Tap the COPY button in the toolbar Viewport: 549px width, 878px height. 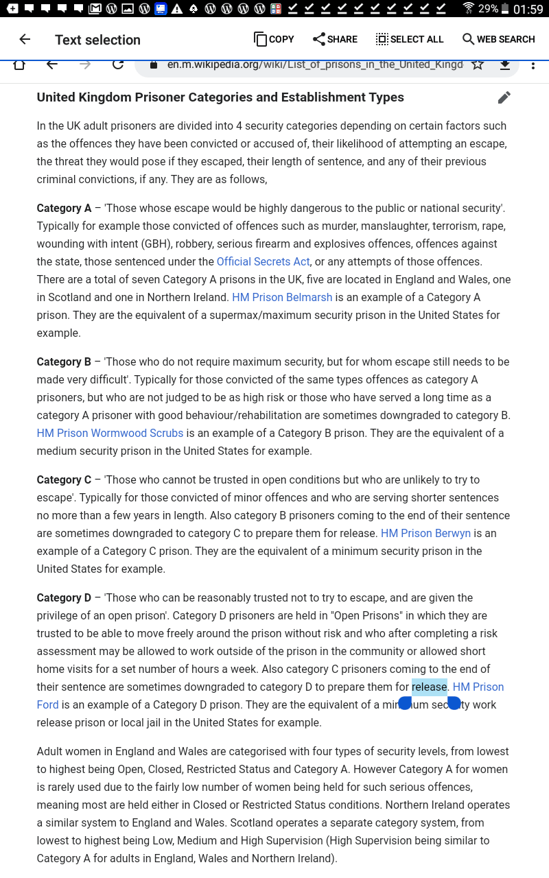coord(274,39)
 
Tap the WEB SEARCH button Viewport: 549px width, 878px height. coord(498,39)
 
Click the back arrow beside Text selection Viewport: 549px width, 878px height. coord(25,39)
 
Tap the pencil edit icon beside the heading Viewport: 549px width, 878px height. coord(504,97)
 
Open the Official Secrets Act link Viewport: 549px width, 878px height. coord(263,261)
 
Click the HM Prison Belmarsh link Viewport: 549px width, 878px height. coord(282,297)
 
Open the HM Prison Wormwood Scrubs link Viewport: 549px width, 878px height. coord(110,433)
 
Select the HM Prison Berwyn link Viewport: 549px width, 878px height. coord(425,533)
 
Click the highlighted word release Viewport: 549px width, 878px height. coord(429,687)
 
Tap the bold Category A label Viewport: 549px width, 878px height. coord(64,208)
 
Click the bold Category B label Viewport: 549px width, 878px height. coord(64,361)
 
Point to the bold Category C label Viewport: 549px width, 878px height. coord(64,479)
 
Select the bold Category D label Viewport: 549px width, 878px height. coord(64,597)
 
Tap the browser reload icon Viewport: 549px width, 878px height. coord(118,64)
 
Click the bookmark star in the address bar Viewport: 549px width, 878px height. coord(478,64)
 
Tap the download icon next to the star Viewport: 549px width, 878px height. coord(505,64)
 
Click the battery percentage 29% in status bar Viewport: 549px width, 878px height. coord(488,9)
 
